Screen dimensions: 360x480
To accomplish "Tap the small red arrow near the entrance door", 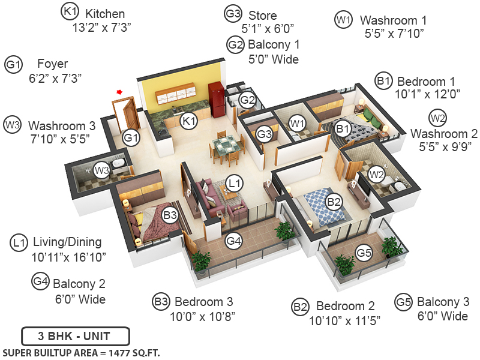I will (x=119, y=92).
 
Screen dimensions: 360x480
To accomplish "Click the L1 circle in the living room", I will (x=235, y=181).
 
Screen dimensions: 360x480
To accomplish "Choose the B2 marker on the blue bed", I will (x=334, y=202).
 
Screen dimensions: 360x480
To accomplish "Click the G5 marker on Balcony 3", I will (x=364, y=253).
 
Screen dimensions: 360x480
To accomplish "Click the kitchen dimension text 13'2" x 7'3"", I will (x=101, y=27).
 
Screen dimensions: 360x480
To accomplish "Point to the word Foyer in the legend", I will (x=52, y=64).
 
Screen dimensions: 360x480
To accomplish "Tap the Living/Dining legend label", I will (x=67, y=242).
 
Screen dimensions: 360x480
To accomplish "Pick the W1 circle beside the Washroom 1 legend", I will (x=343, y=19).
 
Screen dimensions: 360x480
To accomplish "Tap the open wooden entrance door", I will (x=126, y=114).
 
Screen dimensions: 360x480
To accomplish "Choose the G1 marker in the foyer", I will (x=131, y=139).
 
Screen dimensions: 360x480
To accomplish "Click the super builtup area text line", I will (x=82, y=352).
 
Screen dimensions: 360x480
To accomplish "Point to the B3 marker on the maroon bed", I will (x=170, y=214).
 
